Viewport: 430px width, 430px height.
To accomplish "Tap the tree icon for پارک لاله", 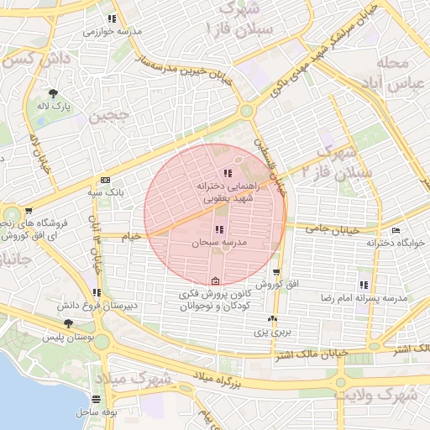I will point(55,93).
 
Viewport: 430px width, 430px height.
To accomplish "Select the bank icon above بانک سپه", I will point(105,180).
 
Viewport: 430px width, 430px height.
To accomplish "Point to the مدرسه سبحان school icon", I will point(219,229).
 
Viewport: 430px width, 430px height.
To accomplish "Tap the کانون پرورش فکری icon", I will point(215,281).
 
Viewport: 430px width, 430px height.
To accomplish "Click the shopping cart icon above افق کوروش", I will point(276,273).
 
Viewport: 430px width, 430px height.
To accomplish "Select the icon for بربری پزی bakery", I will point(271,319).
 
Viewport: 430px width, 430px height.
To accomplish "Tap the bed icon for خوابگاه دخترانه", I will point(396,231).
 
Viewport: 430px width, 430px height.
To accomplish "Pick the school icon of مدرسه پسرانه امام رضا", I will point(364,285).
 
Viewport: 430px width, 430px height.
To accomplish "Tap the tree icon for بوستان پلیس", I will point(67,324).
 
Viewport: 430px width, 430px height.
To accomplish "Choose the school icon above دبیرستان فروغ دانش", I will point(97,293).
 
